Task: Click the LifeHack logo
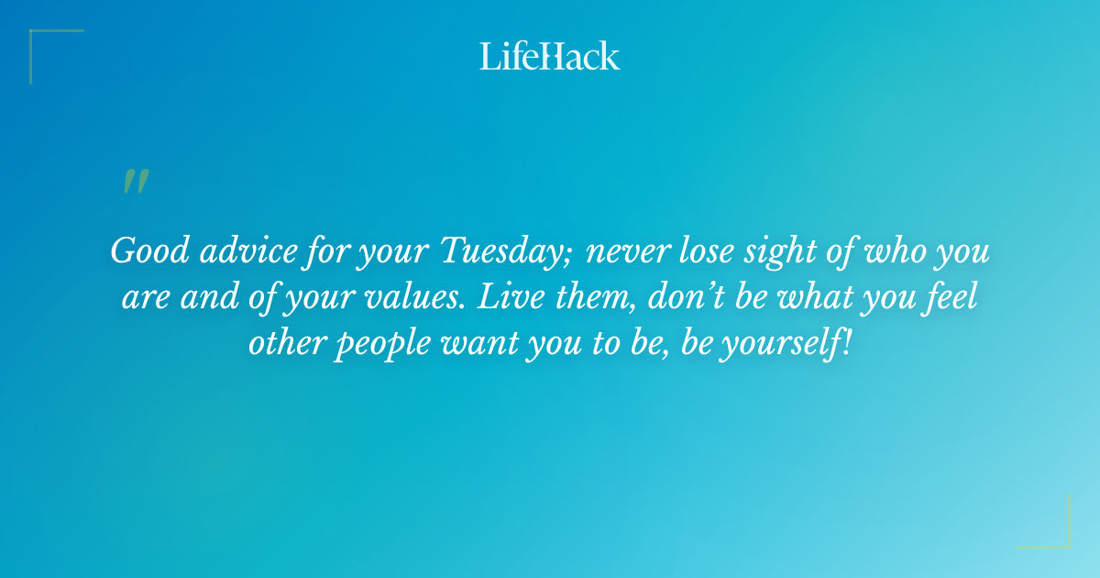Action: click(550, 56)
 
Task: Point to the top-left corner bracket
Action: click(41, 42)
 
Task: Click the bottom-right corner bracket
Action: click(1058, 537)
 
